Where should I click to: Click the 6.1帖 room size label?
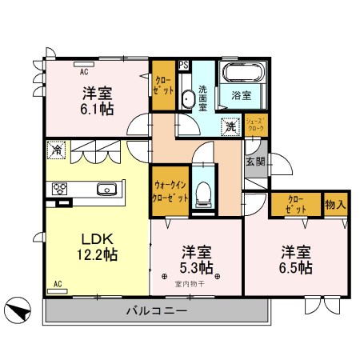96,107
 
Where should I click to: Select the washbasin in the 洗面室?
187,99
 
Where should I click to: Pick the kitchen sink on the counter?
107,190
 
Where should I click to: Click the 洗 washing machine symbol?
230,126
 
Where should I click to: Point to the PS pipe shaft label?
183,66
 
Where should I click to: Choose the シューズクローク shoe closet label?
257,125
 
